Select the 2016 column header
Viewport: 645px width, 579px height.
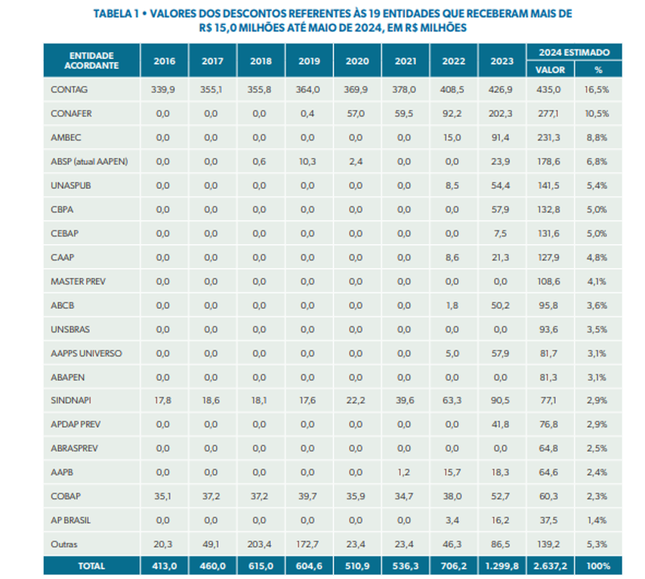point(164,61)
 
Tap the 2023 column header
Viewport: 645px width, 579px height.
point(501,61)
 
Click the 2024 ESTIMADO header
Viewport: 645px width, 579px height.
point(574,52)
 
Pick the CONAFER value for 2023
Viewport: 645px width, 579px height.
point(501,114)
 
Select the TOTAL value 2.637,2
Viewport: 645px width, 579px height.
point(551,567)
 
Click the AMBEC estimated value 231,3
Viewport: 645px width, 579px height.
point(551,138)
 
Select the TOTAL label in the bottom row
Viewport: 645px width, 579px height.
point(91,567)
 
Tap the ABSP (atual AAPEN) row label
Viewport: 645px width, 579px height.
point(89,162)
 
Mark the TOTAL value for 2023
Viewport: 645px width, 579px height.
point(501,567)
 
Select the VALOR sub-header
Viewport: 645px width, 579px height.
point(551,70)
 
